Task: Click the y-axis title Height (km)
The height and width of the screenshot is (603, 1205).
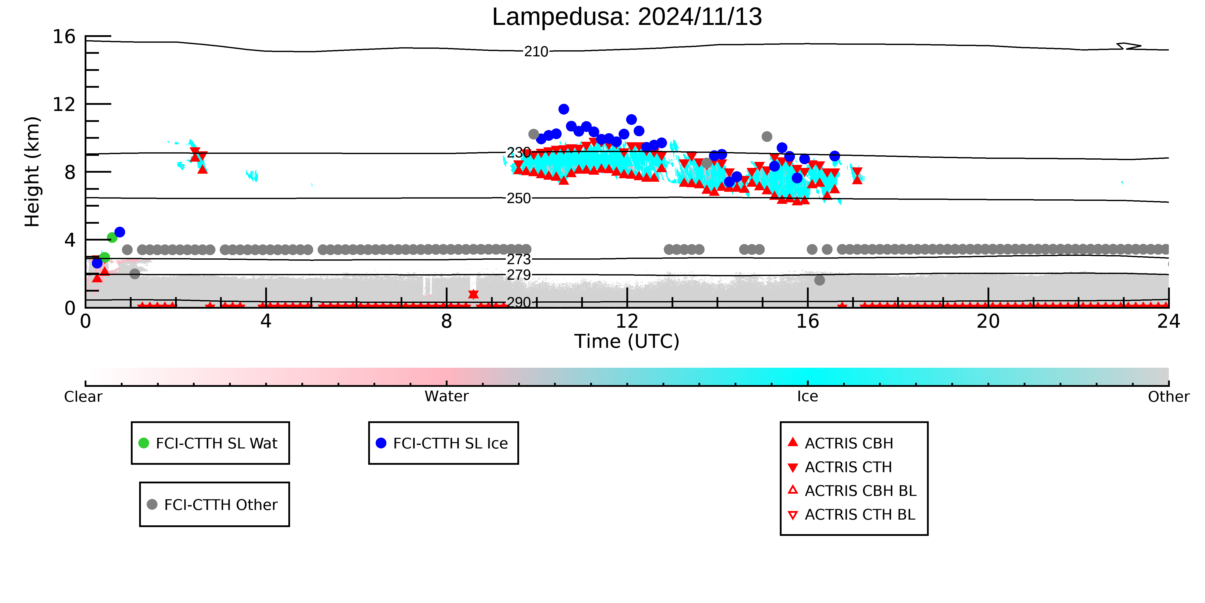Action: click(x=32, y=172)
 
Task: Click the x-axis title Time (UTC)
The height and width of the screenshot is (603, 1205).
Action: click(x=627, y=341)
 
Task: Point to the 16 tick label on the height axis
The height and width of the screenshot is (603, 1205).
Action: click(x=64, y=36)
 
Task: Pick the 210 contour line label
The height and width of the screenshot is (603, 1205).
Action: click(x=536, y=52)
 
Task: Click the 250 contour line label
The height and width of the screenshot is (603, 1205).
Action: click(x=519, y=198)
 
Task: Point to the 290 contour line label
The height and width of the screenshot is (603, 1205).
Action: click(x=519, y=302)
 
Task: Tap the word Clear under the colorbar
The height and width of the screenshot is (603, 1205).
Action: click(x=83, y=397)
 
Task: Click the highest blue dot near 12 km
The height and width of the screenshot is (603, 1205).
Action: click(x=564, y=109)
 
